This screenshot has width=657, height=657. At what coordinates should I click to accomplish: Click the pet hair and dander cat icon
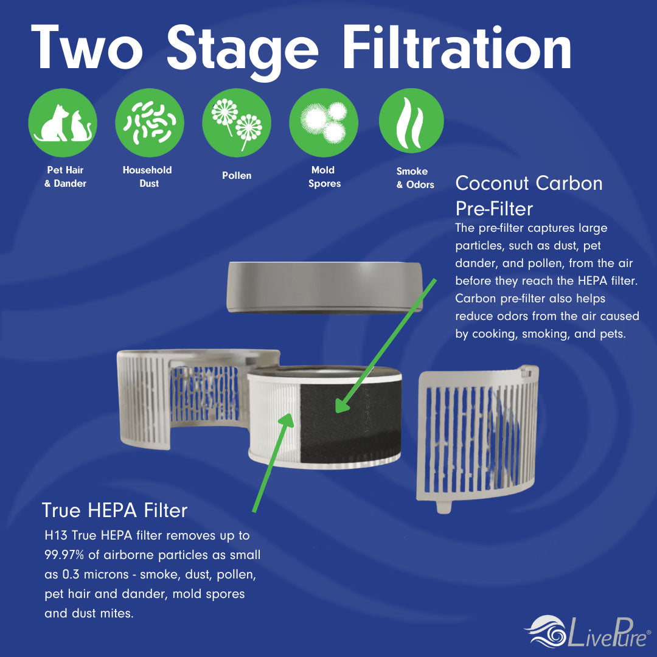point(63,123)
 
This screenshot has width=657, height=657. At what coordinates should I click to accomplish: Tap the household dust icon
point(150,123)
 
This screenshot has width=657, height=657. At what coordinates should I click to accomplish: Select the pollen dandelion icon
point(237,123)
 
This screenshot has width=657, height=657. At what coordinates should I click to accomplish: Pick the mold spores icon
point(324,123)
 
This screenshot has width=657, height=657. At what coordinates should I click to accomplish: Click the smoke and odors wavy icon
point(411,120)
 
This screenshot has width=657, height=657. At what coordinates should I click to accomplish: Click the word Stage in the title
point(243,50)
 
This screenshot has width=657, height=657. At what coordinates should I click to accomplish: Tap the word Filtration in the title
point(457,47)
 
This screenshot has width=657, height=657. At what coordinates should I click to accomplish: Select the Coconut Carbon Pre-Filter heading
point(529,196)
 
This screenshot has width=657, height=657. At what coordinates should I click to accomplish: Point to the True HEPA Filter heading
point(114,510)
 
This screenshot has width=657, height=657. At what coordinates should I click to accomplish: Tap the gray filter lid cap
point(324,287)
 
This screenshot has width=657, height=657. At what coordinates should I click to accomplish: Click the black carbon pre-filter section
point(350,420)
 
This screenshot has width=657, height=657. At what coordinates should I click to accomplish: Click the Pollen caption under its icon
point(237,176)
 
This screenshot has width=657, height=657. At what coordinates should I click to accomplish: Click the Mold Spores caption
point(324,176)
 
